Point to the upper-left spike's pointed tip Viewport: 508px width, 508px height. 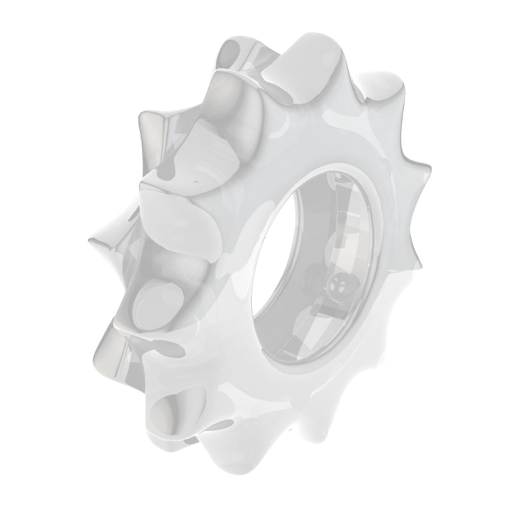pos(140,114)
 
